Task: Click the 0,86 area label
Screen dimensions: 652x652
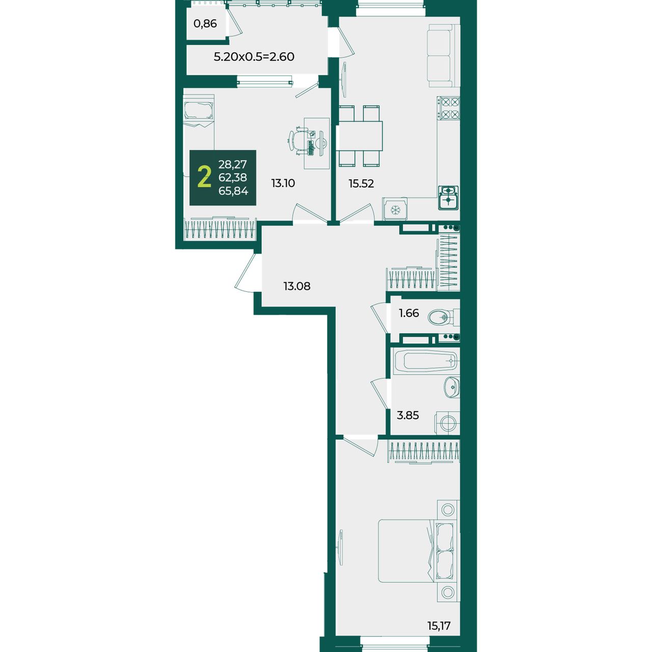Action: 205,24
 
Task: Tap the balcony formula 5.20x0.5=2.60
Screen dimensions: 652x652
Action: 254,57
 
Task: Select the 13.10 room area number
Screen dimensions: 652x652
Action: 283,183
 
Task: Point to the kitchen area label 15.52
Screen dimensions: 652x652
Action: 361,183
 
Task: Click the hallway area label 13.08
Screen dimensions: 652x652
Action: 297,286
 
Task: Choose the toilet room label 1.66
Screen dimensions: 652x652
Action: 409,313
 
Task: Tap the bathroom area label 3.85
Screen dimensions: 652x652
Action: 407,415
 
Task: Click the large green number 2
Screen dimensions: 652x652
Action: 204,177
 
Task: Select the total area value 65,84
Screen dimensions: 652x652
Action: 233,191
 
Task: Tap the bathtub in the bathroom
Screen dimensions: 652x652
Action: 425,361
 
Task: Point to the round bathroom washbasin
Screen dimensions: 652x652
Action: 451,387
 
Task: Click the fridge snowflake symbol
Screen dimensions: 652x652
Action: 395,210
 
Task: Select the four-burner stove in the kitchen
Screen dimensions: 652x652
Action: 448,108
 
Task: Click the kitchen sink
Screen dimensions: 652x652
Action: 448,198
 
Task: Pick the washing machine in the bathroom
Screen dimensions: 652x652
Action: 447,423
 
